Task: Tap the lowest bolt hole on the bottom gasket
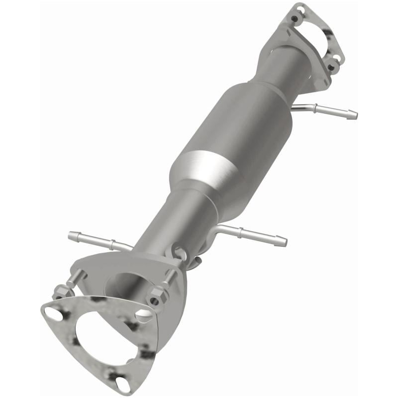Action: click(122, 384)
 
